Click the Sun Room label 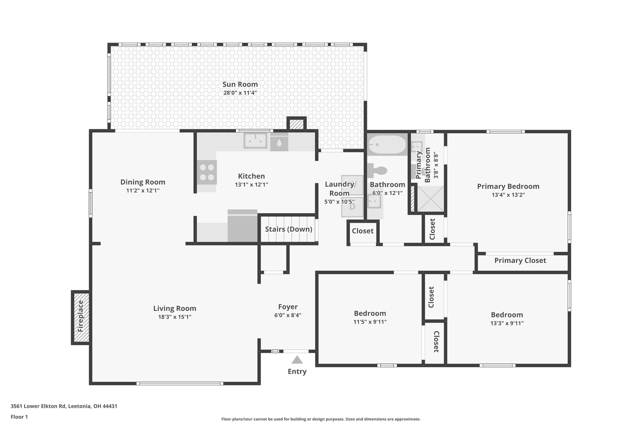[240, 84]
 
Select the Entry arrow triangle [297, 360]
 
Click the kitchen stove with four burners [207, 172]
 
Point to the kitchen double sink [255, 140]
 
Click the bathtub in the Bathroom [387, 145]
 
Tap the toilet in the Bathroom [378, 171]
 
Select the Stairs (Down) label [288, 229]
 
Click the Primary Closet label [520, 261]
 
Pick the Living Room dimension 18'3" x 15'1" [175, 317]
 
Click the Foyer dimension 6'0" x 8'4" [288, 315]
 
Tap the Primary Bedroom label [508, 186]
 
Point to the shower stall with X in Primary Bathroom [430, 199]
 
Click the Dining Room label [143, 182]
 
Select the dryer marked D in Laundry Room [352, 207]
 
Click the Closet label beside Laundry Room [362, 231]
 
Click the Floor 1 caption [19, 417]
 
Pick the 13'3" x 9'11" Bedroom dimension [507, 323]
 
